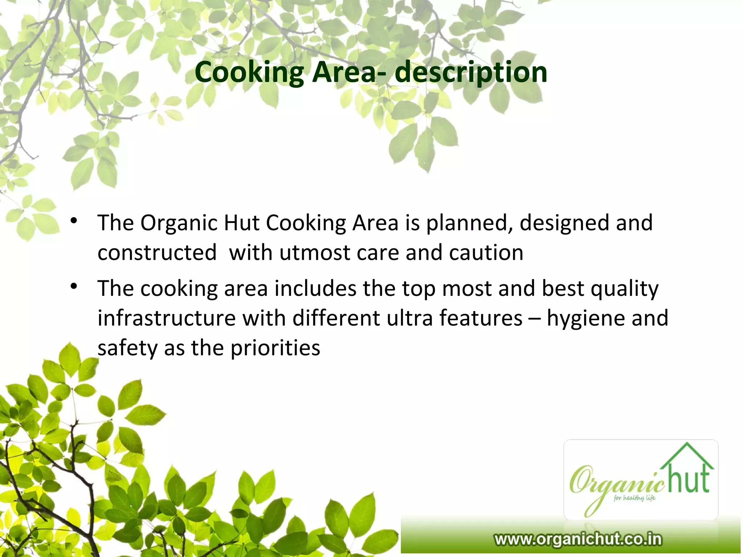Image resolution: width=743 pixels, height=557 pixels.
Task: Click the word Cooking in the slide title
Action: [249, 72]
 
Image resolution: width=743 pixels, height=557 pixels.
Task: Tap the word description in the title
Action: [471, 72]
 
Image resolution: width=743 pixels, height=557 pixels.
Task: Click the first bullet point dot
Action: [74, 221]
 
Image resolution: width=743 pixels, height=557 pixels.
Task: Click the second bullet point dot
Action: [74, 287]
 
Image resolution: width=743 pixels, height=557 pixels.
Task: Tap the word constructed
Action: [157, 252]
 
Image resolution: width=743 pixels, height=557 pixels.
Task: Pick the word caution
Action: [486, 252]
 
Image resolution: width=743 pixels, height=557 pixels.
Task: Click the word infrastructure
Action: [167, 318]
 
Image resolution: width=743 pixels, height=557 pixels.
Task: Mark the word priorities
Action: [275, 348]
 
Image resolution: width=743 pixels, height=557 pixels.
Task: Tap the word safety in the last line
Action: [127, 348]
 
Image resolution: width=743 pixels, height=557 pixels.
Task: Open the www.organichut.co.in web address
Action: [578, 539]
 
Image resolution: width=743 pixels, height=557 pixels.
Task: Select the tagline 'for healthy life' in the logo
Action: [634, 498]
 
